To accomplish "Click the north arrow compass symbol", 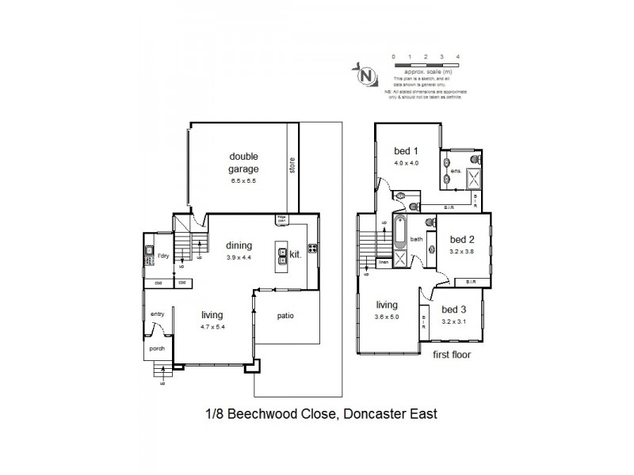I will tap(366, 75).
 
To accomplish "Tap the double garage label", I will tap(245, 161).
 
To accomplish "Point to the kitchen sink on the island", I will tap(283, 255).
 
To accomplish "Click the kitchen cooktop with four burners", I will tap(311, 254).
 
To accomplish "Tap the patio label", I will tap(285, 316).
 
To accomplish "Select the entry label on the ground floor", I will tap(156, 314).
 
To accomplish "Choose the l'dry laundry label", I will tap(163, 256).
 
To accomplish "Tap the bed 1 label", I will tap(406, 151).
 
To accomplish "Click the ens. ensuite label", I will tap(456, 171).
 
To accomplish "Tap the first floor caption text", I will tap(451, 355).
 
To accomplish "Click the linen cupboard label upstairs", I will tap(383, 261).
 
